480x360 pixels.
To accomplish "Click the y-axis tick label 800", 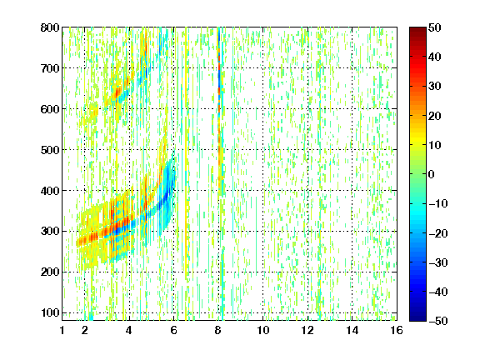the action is pos(50,27).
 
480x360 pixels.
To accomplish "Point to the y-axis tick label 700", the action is pos(50,68).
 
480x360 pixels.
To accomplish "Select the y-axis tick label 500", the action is pos(50,150).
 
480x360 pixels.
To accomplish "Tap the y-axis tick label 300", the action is pos(50,232).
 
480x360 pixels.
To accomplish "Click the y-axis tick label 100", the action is pos(50,312).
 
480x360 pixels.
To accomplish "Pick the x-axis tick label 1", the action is pos(62,330).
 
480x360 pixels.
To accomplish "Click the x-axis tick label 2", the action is pos(85,330).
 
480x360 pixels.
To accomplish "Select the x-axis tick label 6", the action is pos(174,330).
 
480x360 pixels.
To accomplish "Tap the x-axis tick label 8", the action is pos(218,330).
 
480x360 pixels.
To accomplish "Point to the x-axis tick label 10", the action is pos(263,330).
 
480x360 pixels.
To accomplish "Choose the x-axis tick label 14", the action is pos(352,330).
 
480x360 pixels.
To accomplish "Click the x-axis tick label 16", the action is pos(397,330).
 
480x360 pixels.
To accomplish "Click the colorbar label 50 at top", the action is pos(435,27).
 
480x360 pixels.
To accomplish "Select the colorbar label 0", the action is pos(432,174).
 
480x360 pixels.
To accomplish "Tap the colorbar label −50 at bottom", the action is pos(438,321).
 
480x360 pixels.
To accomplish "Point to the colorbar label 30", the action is pos(435,87).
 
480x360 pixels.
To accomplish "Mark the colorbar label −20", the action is pos(438,233).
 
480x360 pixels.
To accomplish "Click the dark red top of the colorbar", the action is pos(417,30).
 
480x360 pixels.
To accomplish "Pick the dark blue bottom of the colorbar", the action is pos(417,317).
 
